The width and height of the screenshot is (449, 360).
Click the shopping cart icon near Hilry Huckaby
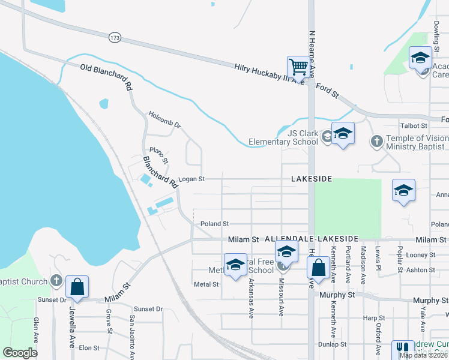click(298, 67)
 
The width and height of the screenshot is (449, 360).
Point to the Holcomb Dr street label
click(164, 119)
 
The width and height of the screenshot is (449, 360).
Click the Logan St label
click(193, 179)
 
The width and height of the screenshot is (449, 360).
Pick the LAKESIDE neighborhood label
click(311, 179)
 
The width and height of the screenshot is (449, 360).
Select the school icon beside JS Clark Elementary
click(343, 133)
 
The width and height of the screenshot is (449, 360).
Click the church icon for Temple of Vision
click(376, 142)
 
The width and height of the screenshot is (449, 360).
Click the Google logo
click(20, 353)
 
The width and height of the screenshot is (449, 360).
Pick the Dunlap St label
click(332, 344)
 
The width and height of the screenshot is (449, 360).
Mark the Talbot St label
click(414, 126)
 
